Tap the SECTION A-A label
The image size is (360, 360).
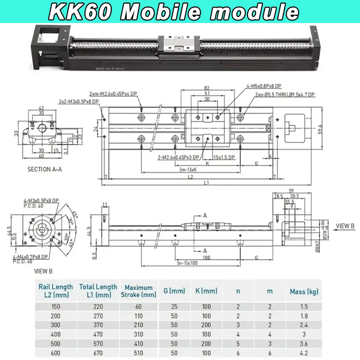pyautogui.click(x=45, y=169)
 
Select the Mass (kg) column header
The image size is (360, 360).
pyautogui.click(x=304, y=292)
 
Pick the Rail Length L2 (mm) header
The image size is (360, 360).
pyautogui.click(x=55, y=291)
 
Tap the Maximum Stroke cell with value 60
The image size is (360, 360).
pyautogui.click(x=138, y=307)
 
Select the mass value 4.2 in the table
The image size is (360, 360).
pyautogui.click(x=304, y=353)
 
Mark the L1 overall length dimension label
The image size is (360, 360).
pyautogui.click(x=206, y=183)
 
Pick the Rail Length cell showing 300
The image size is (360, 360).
pyautogui.click(x=55, y=325)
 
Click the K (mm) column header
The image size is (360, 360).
pyautogui.click(x=206, y=291)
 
